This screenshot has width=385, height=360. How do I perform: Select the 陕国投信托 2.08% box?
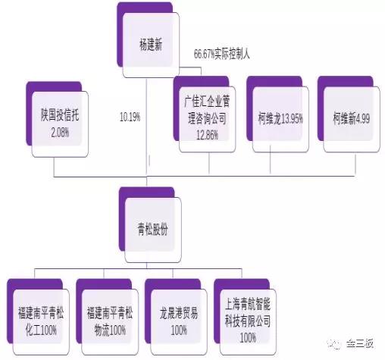click(58, 119)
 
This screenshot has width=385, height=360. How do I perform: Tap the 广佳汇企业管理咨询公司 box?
click(205, 114)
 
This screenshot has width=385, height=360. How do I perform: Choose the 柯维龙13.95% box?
click(277, 114)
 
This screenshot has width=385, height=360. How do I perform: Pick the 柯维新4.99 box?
click(349, 114)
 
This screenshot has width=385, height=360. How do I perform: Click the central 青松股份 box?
click(150, 225)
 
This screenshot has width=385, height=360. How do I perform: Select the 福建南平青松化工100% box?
click(39, 317)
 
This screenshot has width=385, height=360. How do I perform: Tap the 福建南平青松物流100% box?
click(108, 317)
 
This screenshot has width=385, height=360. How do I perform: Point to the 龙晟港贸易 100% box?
click(177, 317)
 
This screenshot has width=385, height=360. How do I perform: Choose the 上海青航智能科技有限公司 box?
click(246, 317)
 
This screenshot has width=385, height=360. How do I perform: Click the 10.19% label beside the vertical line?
click(130, 117)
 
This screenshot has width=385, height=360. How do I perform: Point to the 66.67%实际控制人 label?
click(222, 54)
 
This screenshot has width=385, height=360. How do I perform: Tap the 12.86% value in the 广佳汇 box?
click(208, 135)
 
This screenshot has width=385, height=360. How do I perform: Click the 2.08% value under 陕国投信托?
click(60, 133)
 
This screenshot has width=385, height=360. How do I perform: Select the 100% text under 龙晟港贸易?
click(179, 330)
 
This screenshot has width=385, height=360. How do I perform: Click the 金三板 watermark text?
click(360, 344)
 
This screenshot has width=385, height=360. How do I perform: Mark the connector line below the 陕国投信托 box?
click(55, 167)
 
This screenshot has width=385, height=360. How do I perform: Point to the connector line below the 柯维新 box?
click(355, 164)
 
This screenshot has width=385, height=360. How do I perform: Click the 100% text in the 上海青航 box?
click(248, 337)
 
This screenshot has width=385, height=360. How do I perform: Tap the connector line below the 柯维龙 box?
click(271, 160)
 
